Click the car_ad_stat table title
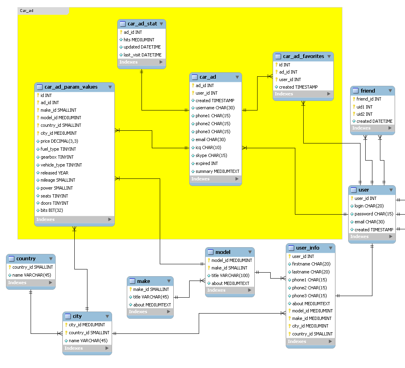142,24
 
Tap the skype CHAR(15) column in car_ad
211,155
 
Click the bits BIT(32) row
52,210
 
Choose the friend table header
368,91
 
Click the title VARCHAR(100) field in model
230,275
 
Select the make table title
143,281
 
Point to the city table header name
77,316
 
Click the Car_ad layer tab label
27,11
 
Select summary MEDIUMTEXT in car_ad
217,171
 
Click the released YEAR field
54,173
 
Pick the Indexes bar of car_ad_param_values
74,219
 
